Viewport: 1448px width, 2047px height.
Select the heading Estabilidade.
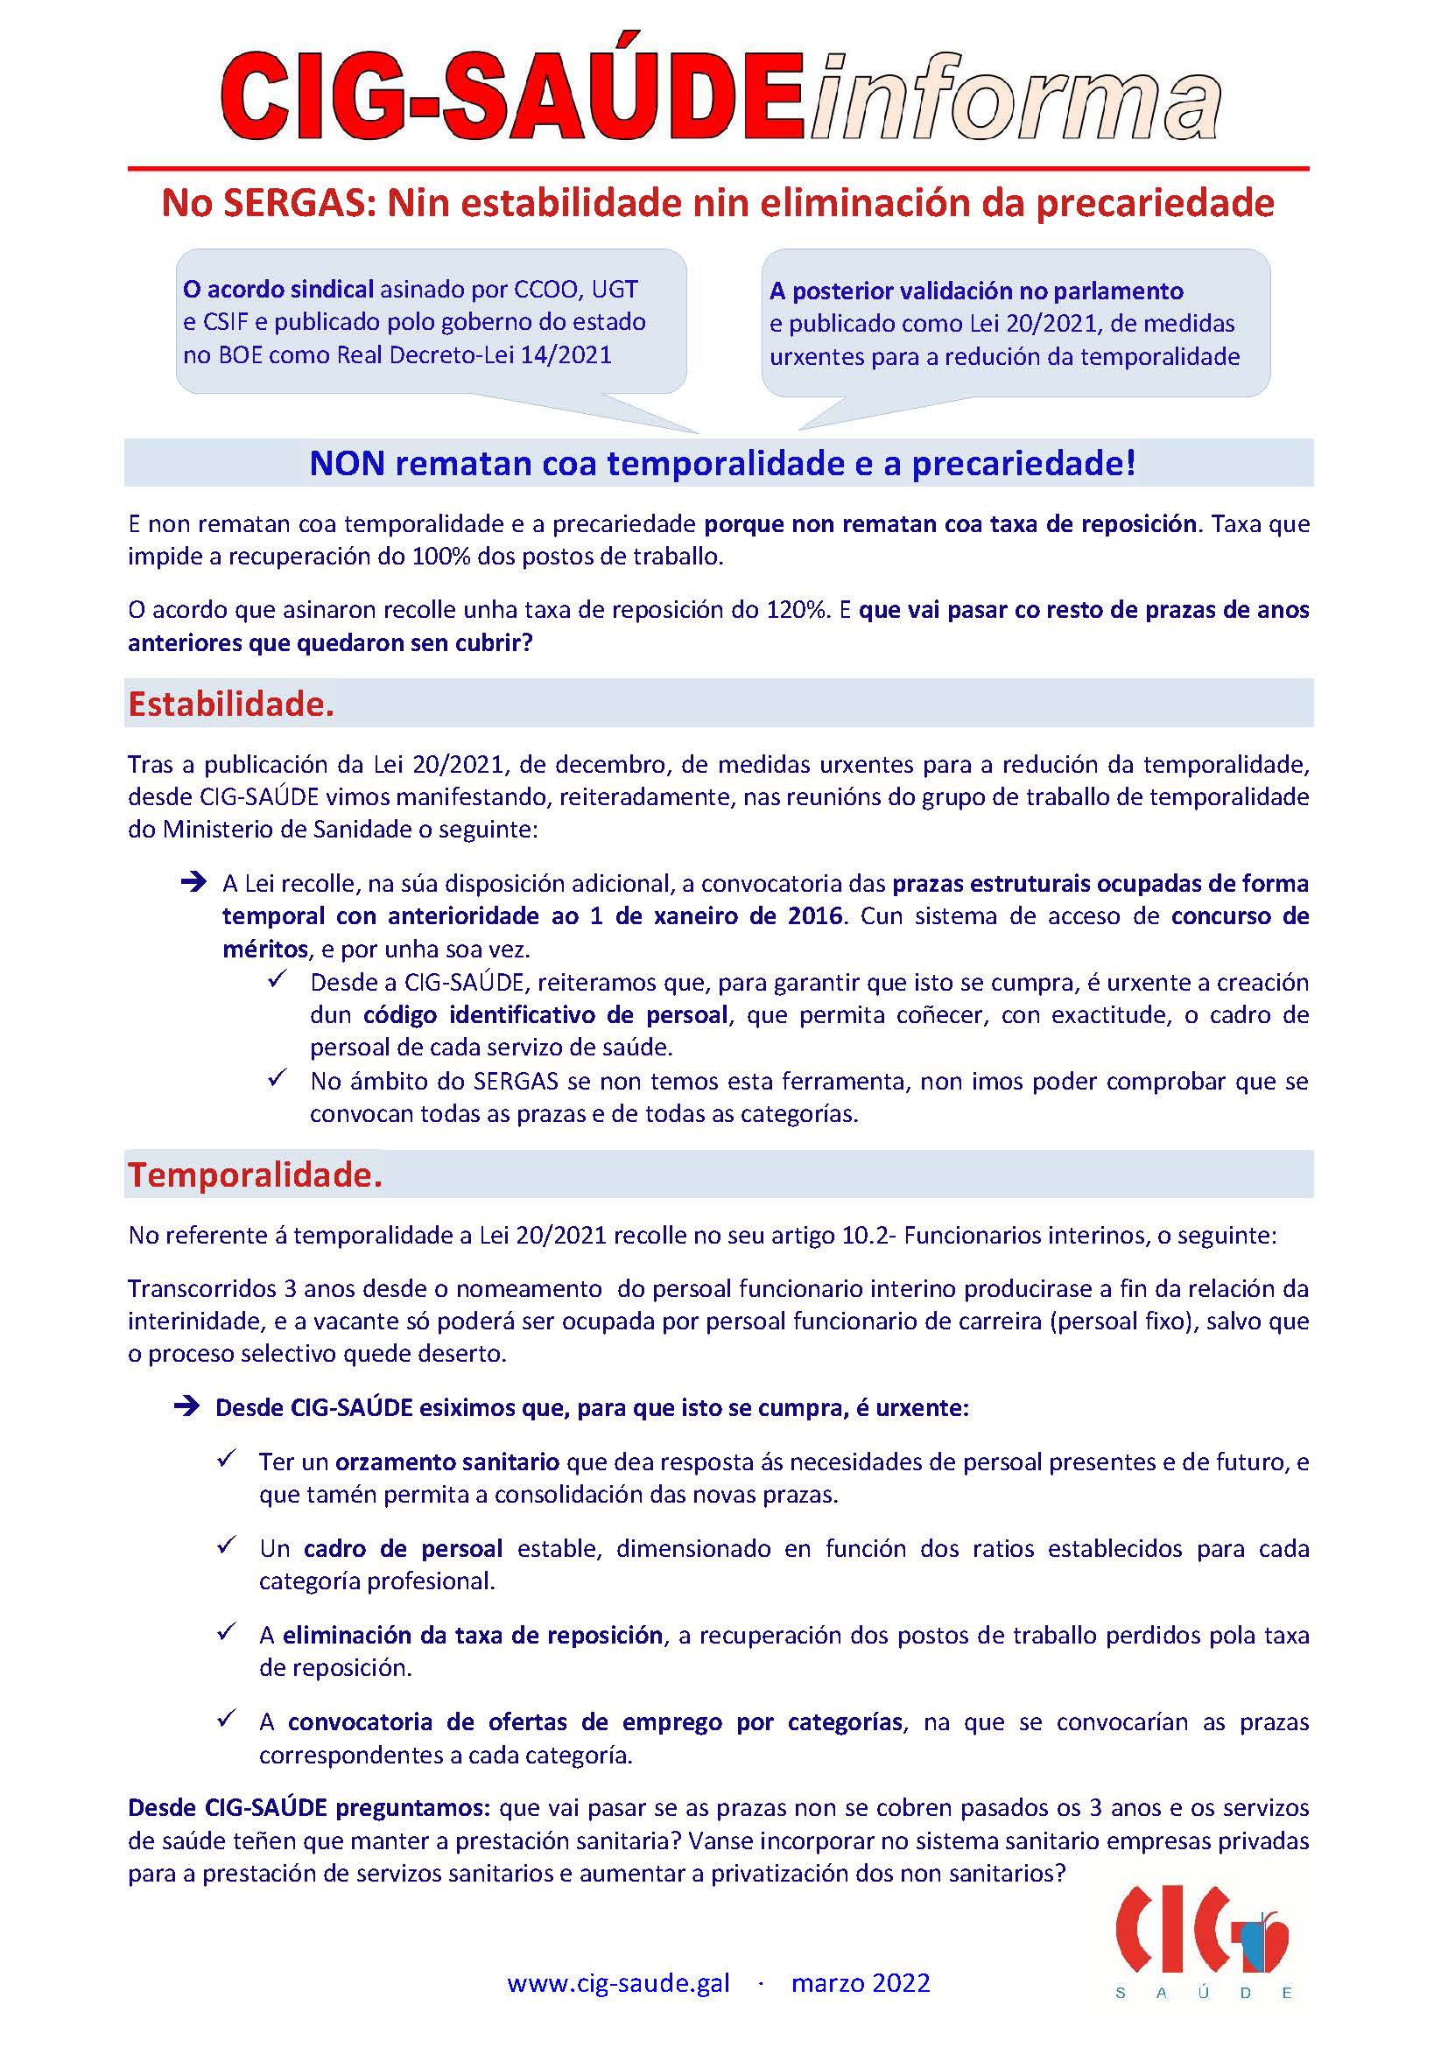click(231, 704)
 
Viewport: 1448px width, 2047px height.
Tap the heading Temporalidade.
click(255, 1174)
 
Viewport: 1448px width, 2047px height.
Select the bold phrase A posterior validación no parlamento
click(976, 291)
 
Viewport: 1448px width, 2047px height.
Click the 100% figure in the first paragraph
click(441, 557)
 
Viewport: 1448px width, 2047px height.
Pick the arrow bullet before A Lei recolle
click(193, 883)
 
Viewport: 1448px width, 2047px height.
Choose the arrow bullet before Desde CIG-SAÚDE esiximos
click(186, 1408)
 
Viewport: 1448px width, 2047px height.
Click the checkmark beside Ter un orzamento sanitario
click(227, 1460)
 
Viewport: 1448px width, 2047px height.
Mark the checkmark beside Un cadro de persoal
click(227, 1545)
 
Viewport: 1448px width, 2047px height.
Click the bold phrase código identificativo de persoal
click(546, 1014)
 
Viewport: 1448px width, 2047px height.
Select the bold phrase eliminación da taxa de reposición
click(473, 1635)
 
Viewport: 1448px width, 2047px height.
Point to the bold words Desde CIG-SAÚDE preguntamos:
click(308, 1807)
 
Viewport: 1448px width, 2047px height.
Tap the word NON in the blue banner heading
click(347, 464)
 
